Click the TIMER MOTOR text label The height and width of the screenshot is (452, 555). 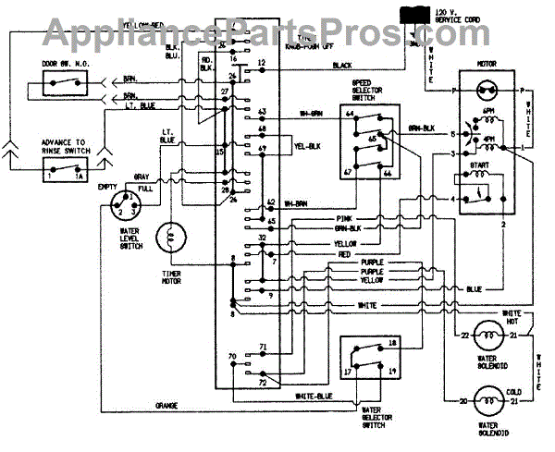click(x=173, y=277)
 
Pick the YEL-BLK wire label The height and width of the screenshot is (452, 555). click(x=306, y=147)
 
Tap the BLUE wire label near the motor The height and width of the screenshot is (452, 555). click(x=475, y=289)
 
